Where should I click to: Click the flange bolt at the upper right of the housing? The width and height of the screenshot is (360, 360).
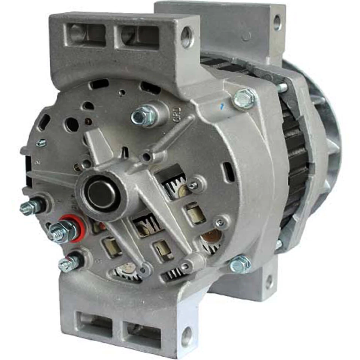(x=244, y=99)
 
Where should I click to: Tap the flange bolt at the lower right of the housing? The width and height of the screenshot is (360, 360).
(x=240, y=264)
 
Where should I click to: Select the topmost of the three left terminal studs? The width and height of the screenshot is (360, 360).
(x=33, y=207)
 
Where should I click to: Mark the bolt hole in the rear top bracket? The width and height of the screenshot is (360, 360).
(x=277, y=22)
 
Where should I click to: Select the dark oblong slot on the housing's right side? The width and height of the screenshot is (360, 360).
(x=228, y=171)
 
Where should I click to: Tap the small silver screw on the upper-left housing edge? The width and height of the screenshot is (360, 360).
(x=41, y=143)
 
